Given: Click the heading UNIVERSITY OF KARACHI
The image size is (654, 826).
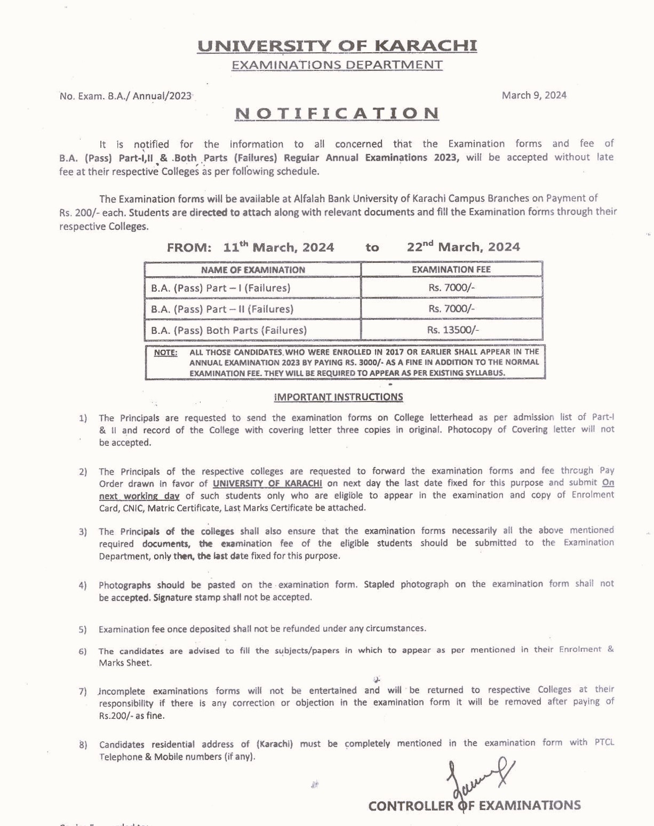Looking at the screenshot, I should point(337,46).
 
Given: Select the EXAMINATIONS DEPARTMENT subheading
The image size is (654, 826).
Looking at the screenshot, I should point(337,65).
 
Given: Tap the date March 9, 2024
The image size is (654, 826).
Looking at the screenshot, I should point(534,95).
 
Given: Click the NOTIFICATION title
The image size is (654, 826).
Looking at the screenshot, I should point(337,114).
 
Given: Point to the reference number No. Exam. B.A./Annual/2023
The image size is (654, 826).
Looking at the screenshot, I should point(126,96).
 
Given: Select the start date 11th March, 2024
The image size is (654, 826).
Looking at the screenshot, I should point(278,247).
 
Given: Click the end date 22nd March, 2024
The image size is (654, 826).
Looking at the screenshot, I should point(463,247).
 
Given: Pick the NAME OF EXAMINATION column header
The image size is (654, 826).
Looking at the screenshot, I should point(253,270).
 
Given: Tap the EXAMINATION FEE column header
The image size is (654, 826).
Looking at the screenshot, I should point(451,269).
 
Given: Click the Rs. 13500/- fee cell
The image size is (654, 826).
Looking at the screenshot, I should point(452,330).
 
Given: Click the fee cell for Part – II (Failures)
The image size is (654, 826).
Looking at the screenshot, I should point(451,309).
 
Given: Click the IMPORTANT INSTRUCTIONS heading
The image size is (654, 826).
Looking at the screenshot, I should point(338,397).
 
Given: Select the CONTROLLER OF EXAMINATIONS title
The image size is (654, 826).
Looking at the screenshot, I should point(474,806).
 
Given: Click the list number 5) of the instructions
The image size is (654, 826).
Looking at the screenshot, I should point(83,630).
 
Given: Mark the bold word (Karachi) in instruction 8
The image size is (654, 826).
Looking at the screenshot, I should point(275,744).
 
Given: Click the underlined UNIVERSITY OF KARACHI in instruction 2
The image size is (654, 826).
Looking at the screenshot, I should point(267,484).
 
